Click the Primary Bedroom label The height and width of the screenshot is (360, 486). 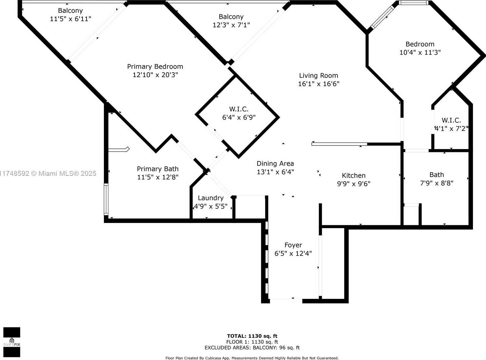tap(155, 67)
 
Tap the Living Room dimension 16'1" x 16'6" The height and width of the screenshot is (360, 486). tap(319, 84)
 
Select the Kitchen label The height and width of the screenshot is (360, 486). tap(354, 175)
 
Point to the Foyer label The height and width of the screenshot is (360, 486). tap(293, 245)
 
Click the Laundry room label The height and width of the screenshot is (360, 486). tap(210, 198)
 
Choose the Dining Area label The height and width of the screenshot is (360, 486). tap(275, 164)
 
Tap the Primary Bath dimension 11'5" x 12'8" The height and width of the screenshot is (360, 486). tap(158, 177)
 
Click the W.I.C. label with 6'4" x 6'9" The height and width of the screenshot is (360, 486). tap(239, 109)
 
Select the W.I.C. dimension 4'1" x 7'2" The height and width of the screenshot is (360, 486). tap(451, 129)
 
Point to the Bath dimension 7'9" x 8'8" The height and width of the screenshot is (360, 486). tap(437, 183)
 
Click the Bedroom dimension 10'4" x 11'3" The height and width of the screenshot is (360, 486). tap(420, 52)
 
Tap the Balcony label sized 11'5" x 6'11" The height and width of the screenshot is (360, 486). tap(70, 10)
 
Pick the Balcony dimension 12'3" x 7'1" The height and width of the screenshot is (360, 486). tap(231, 25)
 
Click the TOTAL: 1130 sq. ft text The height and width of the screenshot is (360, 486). tap(252, 336)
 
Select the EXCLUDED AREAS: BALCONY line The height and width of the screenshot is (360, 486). tap(252, 348)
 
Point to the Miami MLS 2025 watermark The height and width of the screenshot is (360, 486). tap(48, 173)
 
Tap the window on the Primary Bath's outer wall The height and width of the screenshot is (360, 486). tap(106, 199)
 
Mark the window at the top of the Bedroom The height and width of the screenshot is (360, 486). tap(413, 3)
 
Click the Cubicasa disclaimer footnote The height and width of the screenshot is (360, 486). tap(252, 358)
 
